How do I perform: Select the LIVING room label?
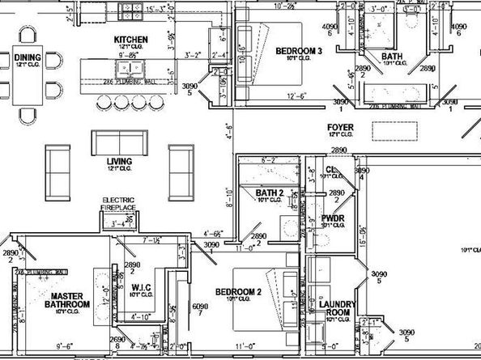(x=119, y=162)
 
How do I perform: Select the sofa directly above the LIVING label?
(x=118, y=142)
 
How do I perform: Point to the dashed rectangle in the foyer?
(x=394, y=132)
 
